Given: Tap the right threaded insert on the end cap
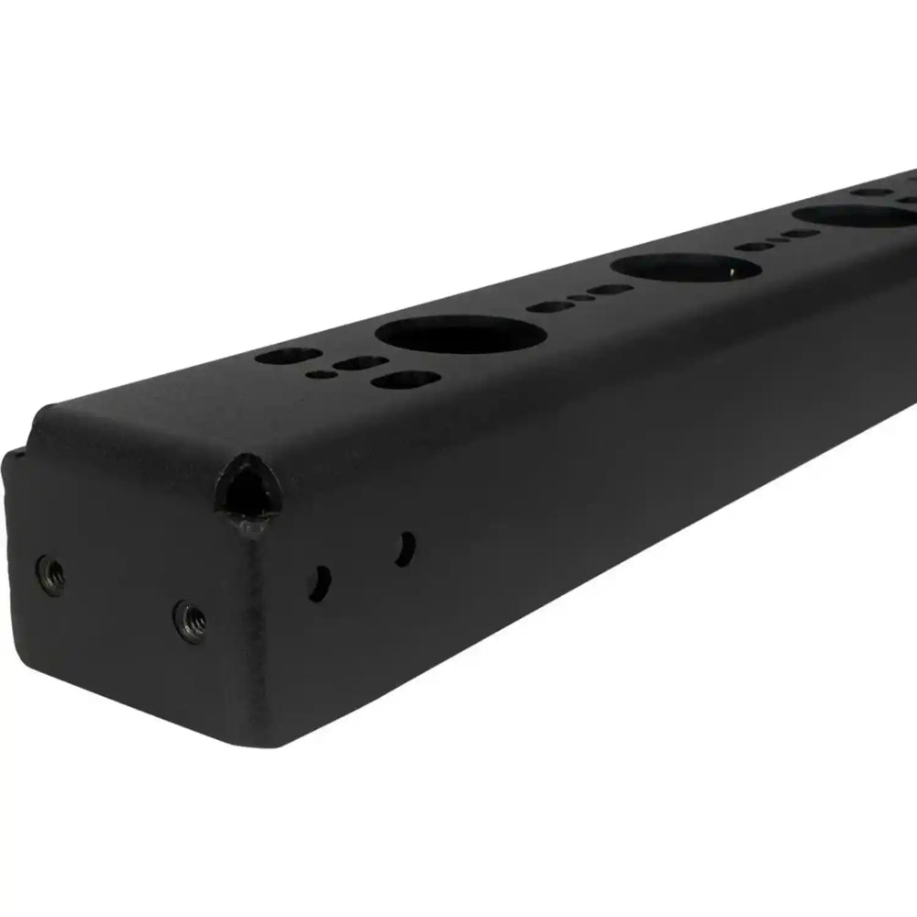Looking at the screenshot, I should click(191, 620).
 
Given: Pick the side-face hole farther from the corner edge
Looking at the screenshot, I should click(404, 547).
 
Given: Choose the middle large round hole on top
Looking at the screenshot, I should click(684, 268).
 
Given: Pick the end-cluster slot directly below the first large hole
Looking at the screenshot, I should click(407, 379).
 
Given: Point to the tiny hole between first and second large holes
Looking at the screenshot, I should click(580, 298).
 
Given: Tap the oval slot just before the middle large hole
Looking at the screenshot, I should click(608, 291).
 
